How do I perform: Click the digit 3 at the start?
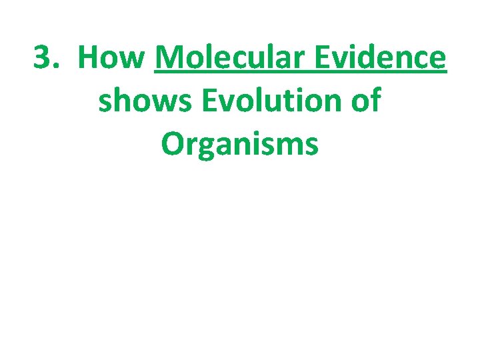(43, 59)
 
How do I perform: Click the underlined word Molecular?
(232, 59)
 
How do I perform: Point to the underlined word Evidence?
(382, 59)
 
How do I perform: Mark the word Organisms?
(239, 144)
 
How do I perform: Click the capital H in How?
(87, 59)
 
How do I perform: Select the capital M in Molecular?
(168, 59)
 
